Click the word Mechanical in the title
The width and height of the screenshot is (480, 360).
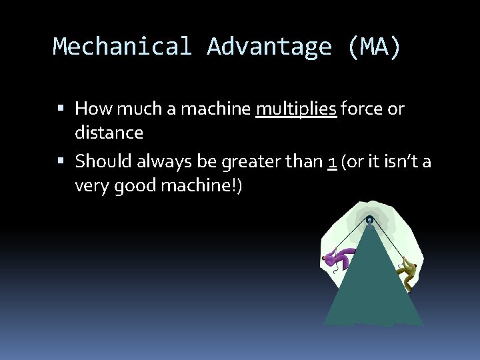click(x=122, y=47)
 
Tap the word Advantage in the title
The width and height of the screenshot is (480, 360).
click(x=269, y=47)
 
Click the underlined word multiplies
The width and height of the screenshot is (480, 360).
click(x=296, y=108)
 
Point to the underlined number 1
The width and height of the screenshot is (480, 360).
click(x=331, y=161)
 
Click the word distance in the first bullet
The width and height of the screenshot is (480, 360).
click(x=109, y=133)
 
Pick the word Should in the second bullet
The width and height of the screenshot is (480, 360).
click(x=101, y=161)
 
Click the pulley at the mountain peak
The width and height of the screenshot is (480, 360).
click(x=369, y=219)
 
